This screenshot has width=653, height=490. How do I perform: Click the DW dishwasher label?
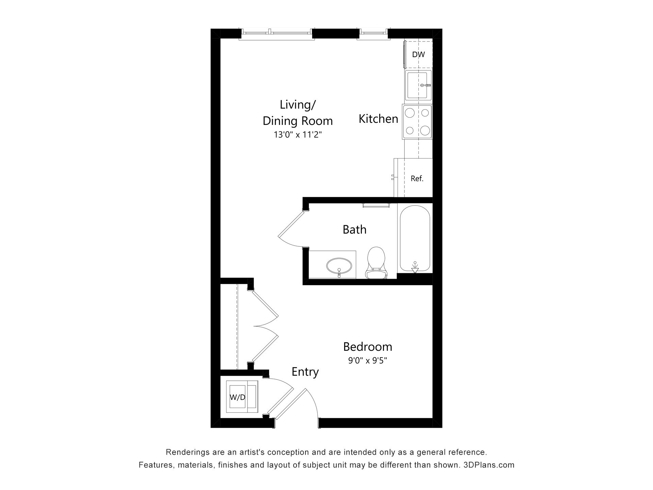[418, 54]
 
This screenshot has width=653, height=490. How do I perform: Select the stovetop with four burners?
[417, 122]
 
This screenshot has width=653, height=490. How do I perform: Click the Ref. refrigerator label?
[417, 178]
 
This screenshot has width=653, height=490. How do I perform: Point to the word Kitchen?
[378, 119]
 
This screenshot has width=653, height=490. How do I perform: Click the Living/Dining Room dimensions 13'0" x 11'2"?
[298, 135]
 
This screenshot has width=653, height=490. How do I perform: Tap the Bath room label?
[354, 230]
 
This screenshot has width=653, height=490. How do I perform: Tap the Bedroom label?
[368, 347]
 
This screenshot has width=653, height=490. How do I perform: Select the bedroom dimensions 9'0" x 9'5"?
[368, 360]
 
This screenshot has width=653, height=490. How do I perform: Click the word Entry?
[305, 372]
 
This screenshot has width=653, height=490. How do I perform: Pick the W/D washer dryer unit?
[242, 397]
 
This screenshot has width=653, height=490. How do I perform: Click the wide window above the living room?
[277, 33]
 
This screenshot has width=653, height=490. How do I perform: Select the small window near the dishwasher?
[373, 33]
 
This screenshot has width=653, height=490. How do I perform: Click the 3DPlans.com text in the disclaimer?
[489, 465]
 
